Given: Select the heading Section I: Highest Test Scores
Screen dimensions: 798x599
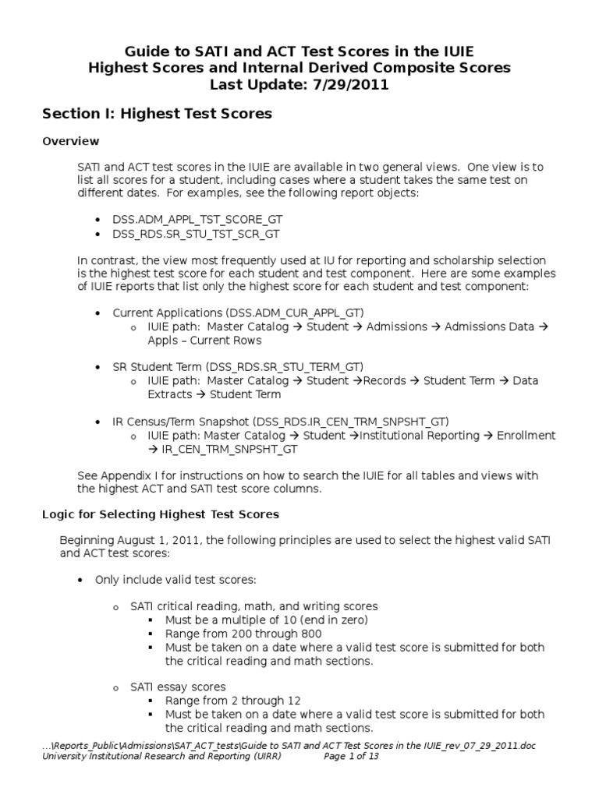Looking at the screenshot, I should click(157, 114).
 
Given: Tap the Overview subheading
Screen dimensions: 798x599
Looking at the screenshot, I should click(70, 141).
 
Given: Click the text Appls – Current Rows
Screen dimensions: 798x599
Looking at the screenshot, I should click(204, 341).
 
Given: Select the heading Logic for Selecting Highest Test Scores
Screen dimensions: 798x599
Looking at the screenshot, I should click(160, 515).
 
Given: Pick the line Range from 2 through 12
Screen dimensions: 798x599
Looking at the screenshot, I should click(232, 701).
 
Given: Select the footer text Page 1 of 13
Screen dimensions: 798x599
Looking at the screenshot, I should click(351, 756).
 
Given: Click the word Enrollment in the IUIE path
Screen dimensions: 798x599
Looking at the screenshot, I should click(526, 435).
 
